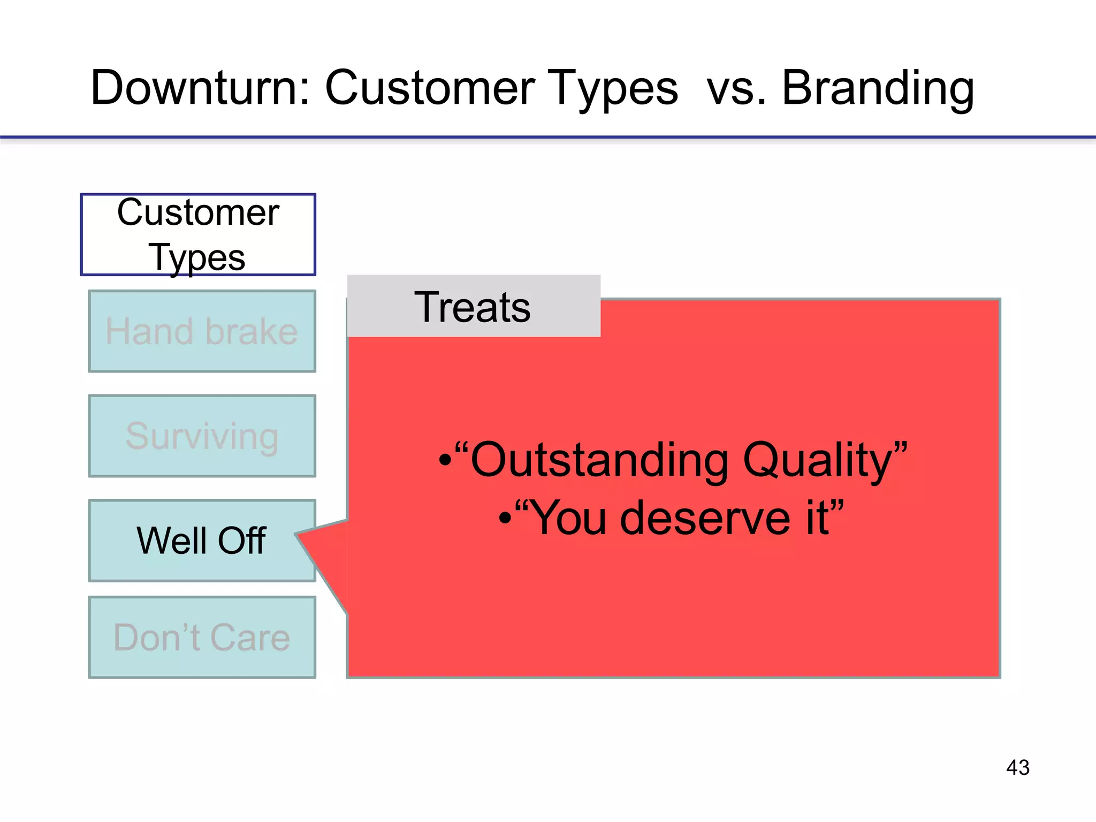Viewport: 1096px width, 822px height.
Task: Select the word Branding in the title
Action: click(878, 88)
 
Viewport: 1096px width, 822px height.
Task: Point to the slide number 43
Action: click(1017, 767)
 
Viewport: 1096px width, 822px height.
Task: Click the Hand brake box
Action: click(202, 331)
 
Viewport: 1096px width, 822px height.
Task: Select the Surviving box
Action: click(202, 436)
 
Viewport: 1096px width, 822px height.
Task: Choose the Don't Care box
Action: click(202, 637)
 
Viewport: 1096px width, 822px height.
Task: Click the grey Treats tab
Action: click(473, 307)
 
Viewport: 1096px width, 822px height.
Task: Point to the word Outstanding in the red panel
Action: click(599, 460)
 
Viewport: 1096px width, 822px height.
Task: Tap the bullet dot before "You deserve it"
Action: click(505, 518)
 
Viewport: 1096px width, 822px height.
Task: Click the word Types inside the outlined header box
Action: click(197, 257)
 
